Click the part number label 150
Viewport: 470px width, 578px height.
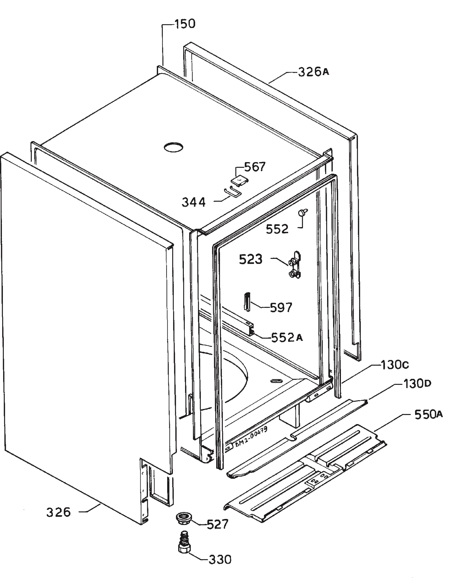pyautogui.click(x=185, y=24)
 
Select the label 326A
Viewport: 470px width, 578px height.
pyautogui.click(x=313, y=72)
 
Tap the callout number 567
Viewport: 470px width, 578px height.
pyautogui.click(x=255, y=167)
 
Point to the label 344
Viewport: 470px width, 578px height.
pyautogui.click(x=193, y=202)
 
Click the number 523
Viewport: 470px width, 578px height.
pyautogui.click(x=251, y=259)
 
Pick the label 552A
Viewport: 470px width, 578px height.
pyautogui.click(x=287, y=337)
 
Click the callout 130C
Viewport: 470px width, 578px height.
pyautogui.click(x=395, y=365)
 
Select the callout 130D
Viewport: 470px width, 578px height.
pyautogui.click(x=417, y=384)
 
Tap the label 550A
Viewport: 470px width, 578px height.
pyautogui.click(x=429, y=414)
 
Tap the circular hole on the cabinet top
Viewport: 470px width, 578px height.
pyautogui.click(x=173, y=147)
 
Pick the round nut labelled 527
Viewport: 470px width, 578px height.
pyautogui.click(x=184, y=517)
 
